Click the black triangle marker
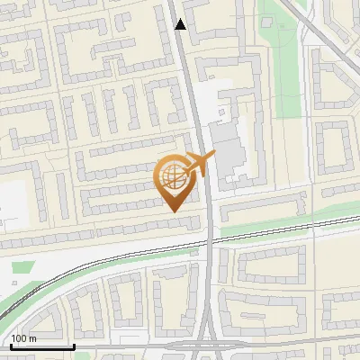click(181, 24)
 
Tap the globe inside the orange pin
click(174, 177)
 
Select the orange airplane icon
click(197, 165)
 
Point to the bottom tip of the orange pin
click(174, 211)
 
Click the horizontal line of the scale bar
click(41, 346)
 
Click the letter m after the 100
click(33, 338)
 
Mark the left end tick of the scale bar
click(11, 345)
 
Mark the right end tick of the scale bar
click(73, 345)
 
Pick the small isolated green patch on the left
click(24, 267)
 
